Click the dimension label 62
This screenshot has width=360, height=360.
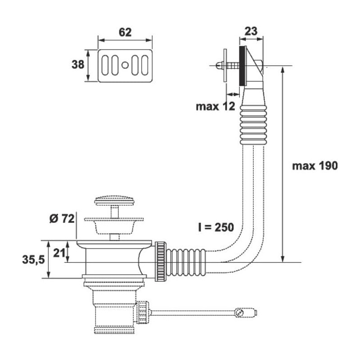[125, 32]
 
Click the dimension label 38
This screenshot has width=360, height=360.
[78, 64]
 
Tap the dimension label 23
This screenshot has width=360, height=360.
[251, 31]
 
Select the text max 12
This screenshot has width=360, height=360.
[216, 106]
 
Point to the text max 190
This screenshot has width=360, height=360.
[315, 166]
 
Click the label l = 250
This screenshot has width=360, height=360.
[216, 227]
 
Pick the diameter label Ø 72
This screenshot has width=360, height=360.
[62, 219]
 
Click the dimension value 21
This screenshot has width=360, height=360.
[59, 253]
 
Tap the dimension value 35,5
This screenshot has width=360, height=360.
[33, 260]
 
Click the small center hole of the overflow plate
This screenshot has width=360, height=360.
[125, 65]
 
